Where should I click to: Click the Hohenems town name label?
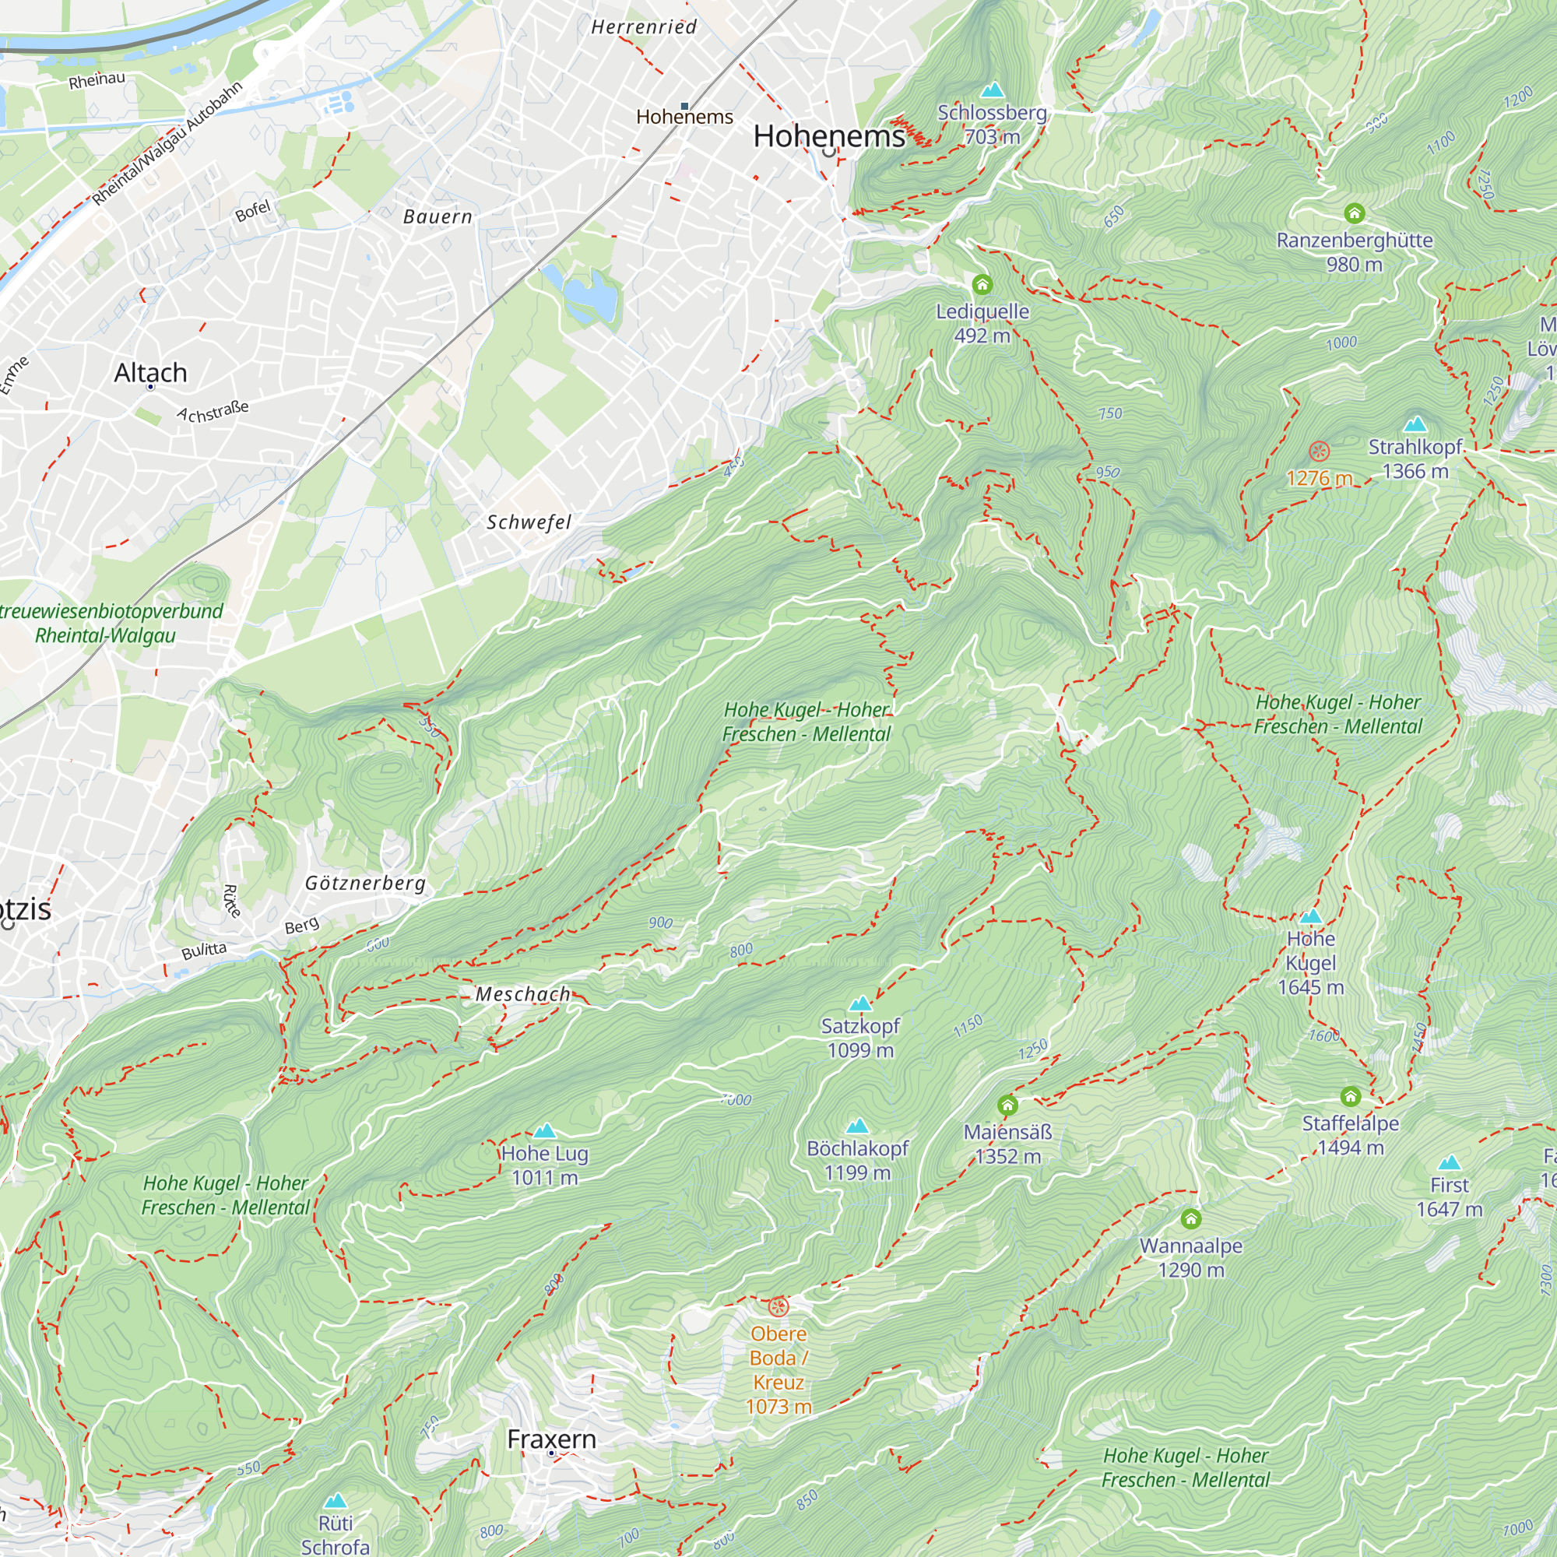(828, 136)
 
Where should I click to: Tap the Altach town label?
(151, 372)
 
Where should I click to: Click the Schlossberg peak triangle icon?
(992, 90)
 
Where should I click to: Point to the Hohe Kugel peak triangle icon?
(1310, 916)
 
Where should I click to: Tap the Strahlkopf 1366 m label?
(1415, 459)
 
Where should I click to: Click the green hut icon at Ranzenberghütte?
(1354, 213)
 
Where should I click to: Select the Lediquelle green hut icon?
(982, 284)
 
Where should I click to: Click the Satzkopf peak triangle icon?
(860, 1003)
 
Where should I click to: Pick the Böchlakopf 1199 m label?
(856, 1160)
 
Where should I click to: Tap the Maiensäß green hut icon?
(1007, 1105)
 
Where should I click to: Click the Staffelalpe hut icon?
(1351, 1096)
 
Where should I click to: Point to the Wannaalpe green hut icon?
(1190, 1218)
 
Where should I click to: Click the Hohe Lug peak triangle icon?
(545, 1130)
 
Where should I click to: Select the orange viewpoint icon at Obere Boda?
(778, 1307)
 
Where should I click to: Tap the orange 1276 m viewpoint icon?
(1319, 452)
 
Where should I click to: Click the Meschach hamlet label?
(522, 994)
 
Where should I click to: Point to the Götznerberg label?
(365, 884)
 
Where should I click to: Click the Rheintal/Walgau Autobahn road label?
(167, 143)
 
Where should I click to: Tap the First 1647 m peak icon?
(1449, 1163)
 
